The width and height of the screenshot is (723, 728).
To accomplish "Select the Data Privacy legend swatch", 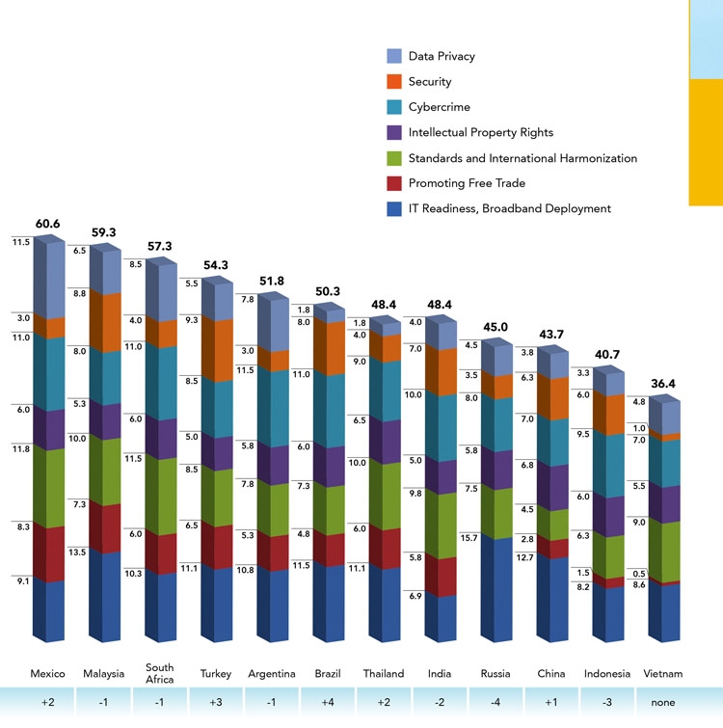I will pyautogui.click(x=392, y=57).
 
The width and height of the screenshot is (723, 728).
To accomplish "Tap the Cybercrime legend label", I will pyautogui.click(x=441, y=107).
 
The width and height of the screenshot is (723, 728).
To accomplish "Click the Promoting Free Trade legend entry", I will pyautogui.click(x=467, y=183).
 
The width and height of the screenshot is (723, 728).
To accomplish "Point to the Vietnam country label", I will pyautogui.click(x=663, y=674).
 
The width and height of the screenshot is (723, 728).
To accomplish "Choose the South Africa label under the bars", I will pyautogui.click(x=159, y=674).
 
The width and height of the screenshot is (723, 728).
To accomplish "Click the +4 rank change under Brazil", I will pyautogui.click(x=327, y=703).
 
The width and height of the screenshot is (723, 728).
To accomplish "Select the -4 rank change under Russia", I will pyautogui.click(x=495, y=703).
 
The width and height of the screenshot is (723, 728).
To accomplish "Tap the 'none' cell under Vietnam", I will pyautogui.click(x=663, y=703).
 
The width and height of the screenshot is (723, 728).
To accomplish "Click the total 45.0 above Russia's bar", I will pyautogui.click(x=495, y=326).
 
